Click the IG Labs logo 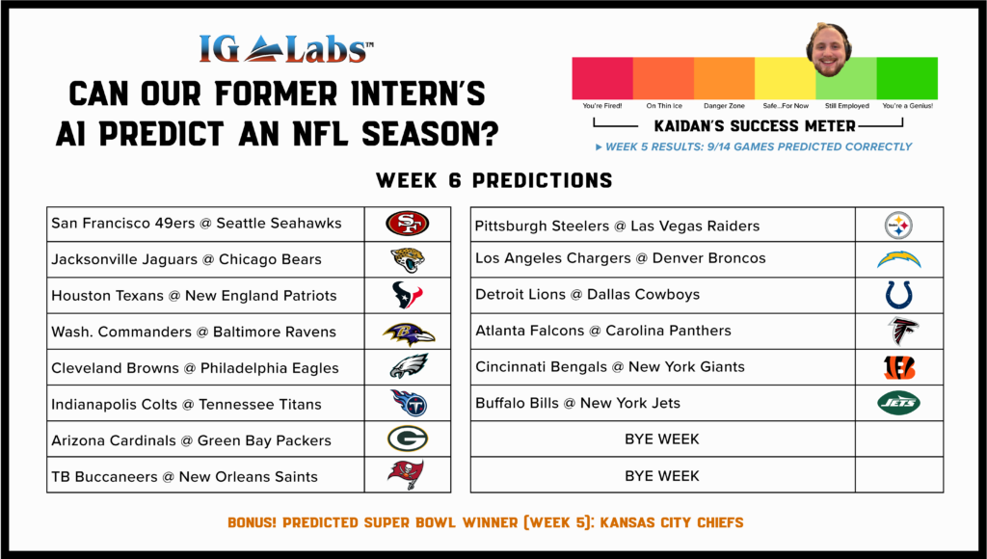point(286,49)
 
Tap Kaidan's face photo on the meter point(829,50)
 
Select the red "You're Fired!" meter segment point(602,78)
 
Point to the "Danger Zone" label point(724,106)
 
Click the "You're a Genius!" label point(908,106)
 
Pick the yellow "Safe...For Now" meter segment point(785,78)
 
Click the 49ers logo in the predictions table point(408,224)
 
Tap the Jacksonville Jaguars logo point(408,259)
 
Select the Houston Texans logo point(408,295)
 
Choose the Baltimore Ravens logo point(409,333)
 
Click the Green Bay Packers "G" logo point(408,439)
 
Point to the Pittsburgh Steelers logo point(898,225)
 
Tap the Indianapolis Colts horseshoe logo point(898,295)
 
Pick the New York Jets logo point(899,403)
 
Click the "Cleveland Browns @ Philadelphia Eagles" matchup point(195,368)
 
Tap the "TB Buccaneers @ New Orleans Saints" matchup point(184,476)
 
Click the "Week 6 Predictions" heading point(494,180)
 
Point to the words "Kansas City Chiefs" point(672,522)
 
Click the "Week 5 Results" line point(754,146)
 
